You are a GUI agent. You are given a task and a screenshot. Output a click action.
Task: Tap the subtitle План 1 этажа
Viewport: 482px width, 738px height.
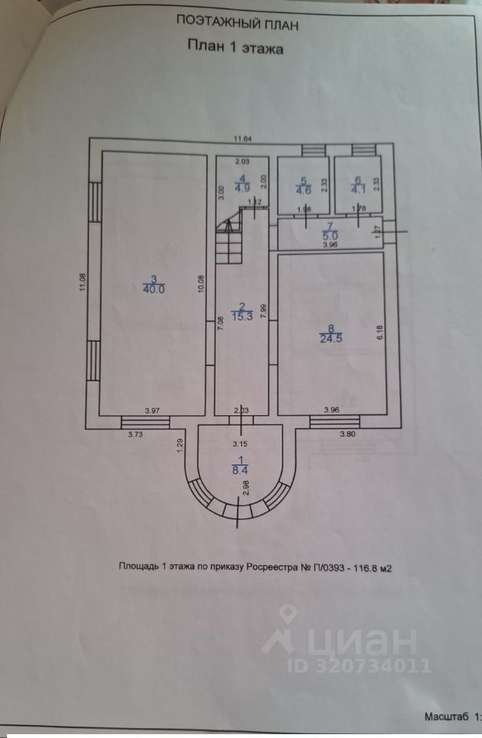point(236,48)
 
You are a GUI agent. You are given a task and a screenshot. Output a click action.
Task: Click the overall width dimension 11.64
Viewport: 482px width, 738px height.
point(245,138)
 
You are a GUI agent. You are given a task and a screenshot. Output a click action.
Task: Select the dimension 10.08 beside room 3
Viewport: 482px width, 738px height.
point(202,285)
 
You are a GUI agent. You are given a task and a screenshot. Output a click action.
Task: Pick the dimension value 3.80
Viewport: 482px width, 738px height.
point(348,435)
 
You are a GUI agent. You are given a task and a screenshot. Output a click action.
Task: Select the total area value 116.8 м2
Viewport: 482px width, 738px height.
point(372,568)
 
